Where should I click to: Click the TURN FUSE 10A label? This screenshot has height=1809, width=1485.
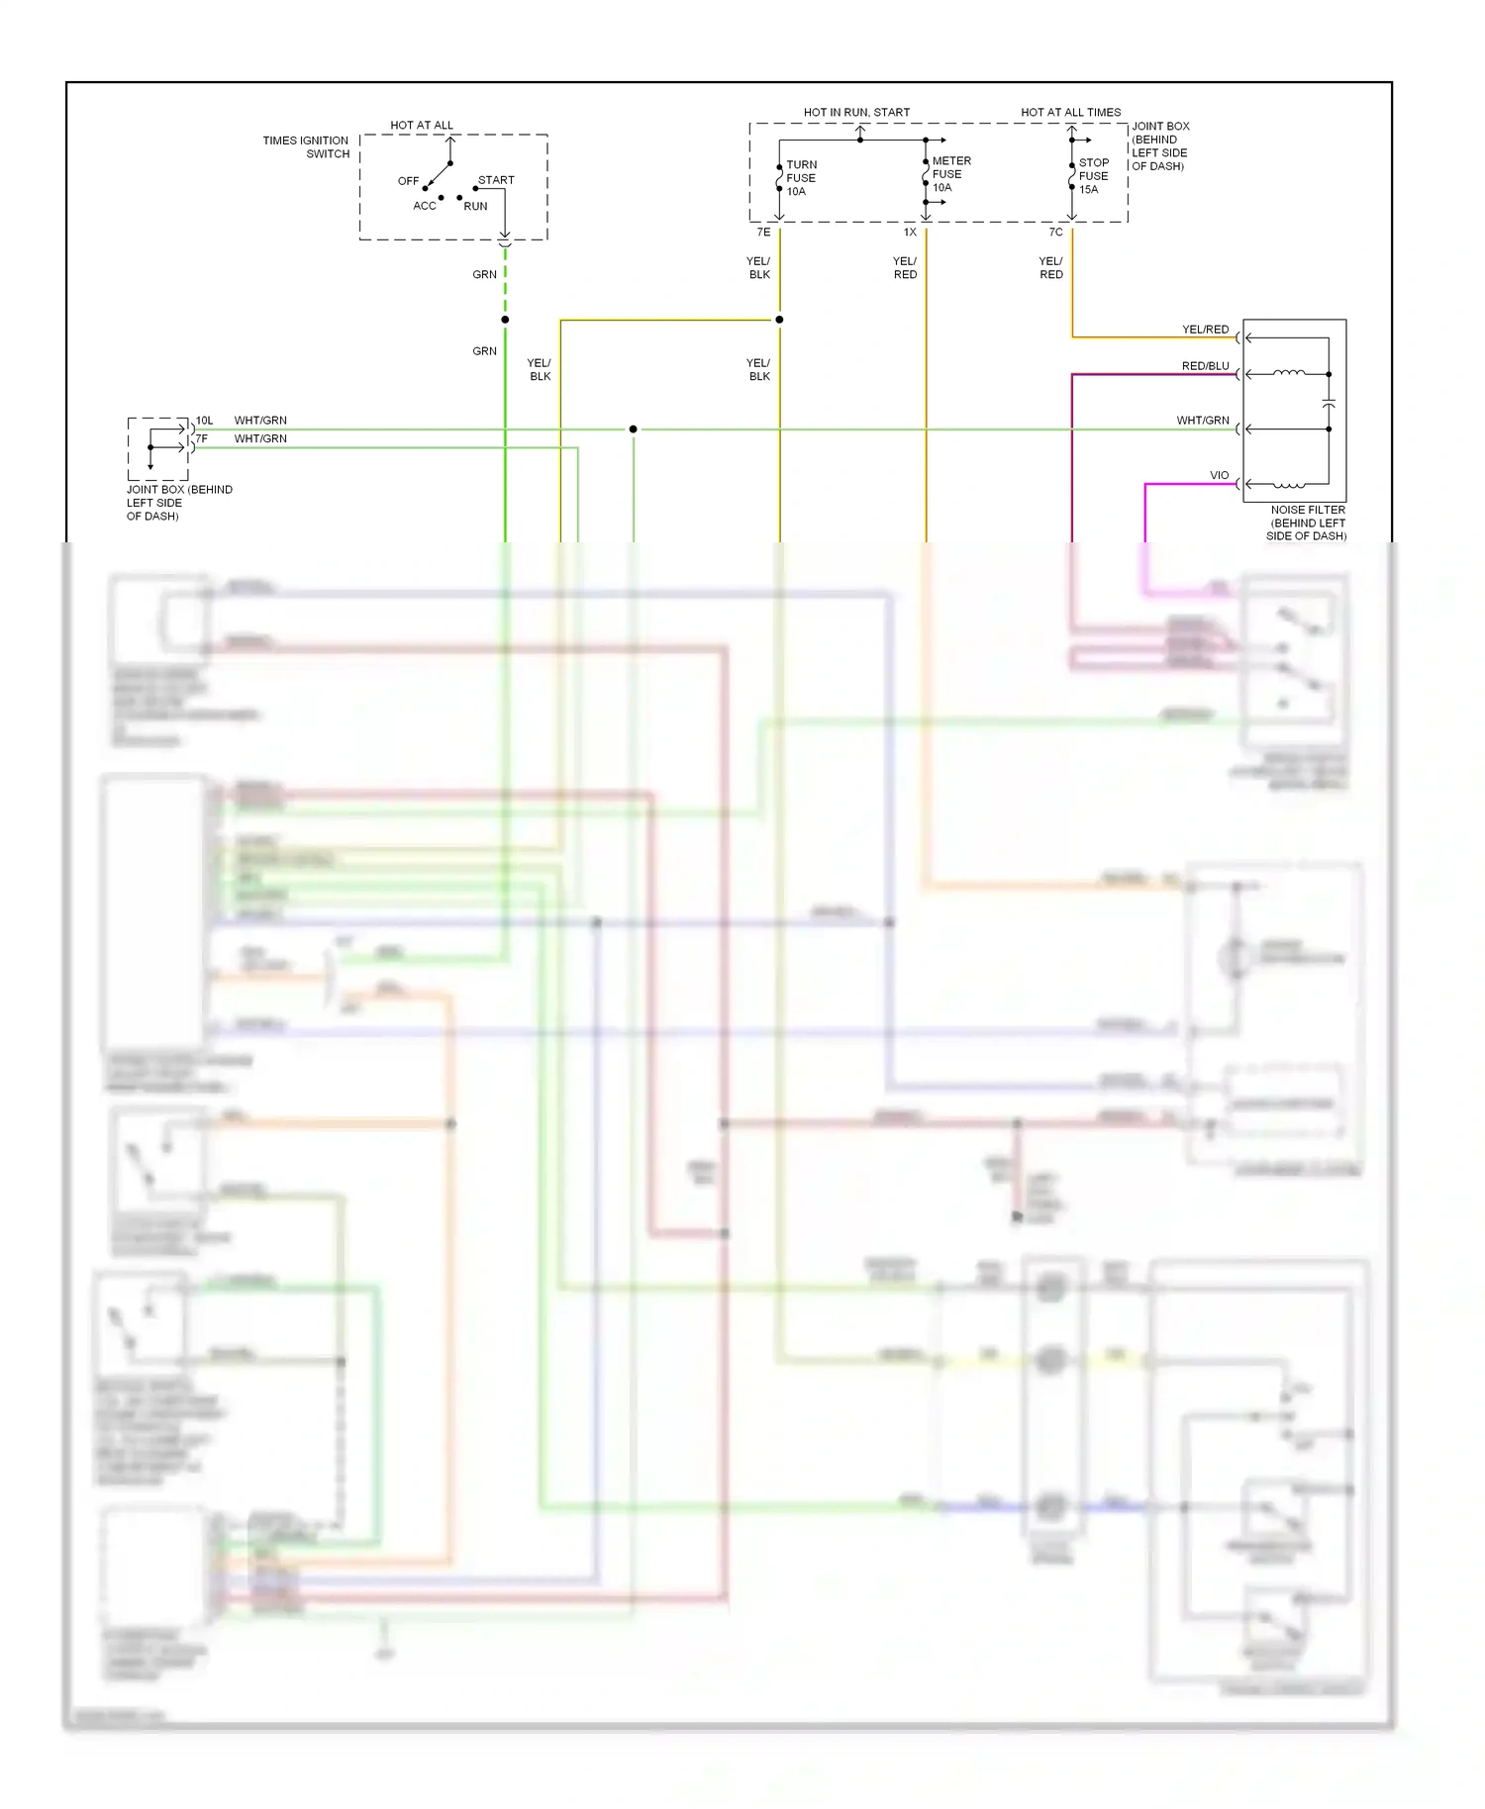coord(800,178)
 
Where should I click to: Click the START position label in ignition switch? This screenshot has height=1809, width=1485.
coord(496,180)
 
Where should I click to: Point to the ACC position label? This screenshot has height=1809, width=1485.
coord(424,206)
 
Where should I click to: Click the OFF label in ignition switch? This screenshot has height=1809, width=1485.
coord(408,181)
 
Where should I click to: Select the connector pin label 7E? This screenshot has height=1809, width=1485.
coord(763,233)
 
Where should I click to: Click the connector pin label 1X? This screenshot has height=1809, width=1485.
coord(910,233)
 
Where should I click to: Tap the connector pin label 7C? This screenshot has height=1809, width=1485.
coord(1055,233)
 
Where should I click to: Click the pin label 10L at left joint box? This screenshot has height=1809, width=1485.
coord(204,421)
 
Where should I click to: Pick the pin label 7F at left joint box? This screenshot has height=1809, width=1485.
coord(202,438)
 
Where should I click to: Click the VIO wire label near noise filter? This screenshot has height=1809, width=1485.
coord(1219,476)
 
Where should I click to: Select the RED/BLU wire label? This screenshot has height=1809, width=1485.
coord(1205,366)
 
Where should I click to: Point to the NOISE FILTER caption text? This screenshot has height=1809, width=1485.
coord(1307,523)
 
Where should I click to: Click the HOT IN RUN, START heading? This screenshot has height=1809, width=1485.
coord(856,113)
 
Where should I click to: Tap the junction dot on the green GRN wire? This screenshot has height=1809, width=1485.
coord(505,320)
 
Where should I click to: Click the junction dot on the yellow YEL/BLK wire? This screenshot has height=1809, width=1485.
coord(779,320)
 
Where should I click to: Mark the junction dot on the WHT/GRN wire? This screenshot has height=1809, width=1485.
coord(633,429)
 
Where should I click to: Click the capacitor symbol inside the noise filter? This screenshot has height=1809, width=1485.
coord(1329,405)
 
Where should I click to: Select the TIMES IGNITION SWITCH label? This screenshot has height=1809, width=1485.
coord(306,147)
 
